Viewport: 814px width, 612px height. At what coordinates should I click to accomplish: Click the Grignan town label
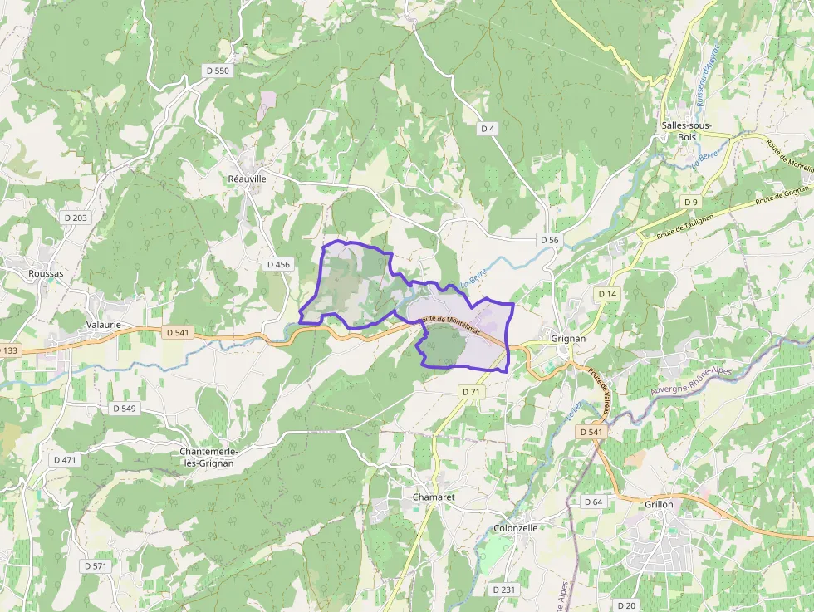568,339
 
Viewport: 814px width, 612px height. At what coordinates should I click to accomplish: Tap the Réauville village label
247,179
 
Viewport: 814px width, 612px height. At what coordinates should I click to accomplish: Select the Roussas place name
46,272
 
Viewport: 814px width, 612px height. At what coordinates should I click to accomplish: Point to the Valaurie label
104,325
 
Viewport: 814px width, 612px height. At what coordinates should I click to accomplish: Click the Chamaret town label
434,497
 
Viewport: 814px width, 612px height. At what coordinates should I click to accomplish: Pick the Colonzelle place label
516,527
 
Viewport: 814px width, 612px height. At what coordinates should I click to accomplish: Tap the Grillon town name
659,504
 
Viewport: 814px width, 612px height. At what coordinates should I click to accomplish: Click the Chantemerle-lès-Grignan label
209,457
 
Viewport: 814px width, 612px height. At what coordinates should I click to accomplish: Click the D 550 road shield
218,71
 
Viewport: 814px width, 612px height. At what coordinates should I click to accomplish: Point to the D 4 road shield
488,128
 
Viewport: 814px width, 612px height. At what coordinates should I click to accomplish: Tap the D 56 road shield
549,240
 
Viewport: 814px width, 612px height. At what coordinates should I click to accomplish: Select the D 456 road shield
279,264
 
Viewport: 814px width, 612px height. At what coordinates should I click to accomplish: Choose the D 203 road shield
76,218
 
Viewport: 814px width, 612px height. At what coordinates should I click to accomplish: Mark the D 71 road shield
471,391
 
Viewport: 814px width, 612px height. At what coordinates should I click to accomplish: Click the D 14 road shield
607,294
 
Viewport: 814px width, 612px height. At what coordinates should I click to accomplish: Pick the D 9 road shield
691,202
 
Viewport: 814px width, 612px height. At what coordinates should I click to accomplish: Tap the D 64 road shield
593,502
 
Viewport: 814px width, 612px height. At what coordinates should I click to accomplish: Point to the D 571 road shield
96,565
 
